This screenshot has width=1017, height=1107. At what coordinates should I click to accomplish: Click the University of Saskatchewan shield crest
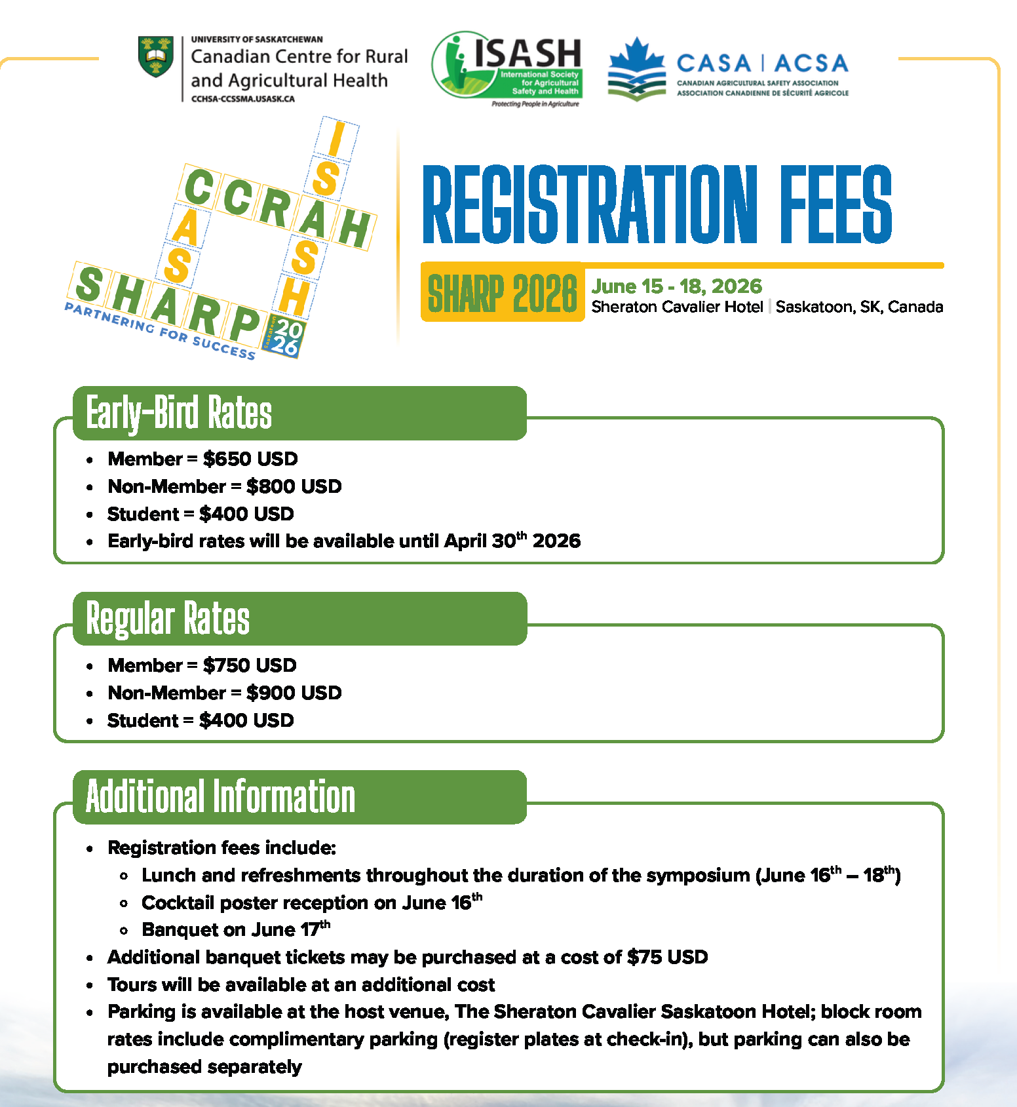[156, 56]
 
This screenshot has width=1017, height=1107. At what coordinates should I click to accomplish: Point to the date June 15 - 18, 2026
[676, 286]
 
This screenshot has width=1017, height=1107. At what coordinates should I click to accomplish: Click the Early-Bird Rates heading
[179, 413]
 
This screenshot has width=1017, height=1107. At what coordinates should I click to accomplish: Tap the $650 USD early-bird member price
[250, 459]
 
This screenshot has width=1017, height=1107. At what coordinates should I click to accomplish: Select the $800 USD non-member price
[294, 486]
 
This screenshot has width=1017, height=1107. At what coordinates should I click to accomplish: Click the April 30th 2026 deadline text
[512, 541]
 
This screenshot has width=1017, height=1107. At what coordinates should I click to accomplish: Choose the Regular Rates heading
[168, 619]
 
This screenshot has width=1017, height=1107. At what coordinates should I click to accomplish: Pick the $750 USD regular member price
[250, 665]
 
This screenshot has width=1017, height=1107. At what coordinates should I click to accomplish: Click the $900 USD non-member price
[294, 693]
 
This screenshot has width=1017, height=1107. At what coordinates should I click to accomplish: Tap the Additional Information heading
[220, 797]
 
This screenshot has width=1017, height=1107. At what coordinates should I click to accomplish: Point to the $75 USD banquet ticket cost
[667, 957]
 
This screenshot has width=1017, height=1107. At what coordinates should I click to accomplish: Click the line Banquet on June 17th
[236, 929]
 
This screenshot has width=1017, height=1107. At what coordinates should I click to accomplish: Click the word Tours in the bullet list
[132, 984]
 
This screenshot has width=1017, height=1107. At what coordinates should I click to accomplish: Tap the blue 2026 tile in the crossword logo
[284, 337]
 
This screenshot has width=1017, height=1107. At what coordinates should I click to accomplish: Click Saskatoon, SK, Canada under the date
[859, 307]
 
